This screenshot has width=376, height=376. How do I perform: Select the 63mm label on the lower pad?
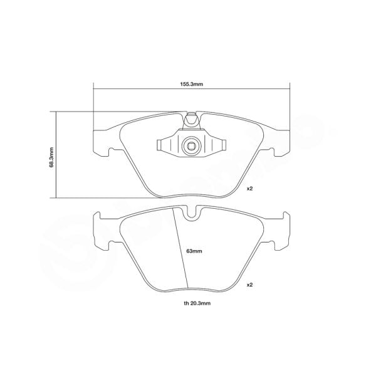pos(194,251)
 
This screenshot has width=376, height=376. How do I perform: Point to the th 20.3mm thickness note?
pos(192,303)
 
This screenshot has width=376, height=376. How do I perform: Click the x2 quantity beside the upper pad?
pos(249,188)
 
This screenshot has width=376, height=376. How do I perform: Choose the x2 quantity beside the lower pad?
pos(249,285)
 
